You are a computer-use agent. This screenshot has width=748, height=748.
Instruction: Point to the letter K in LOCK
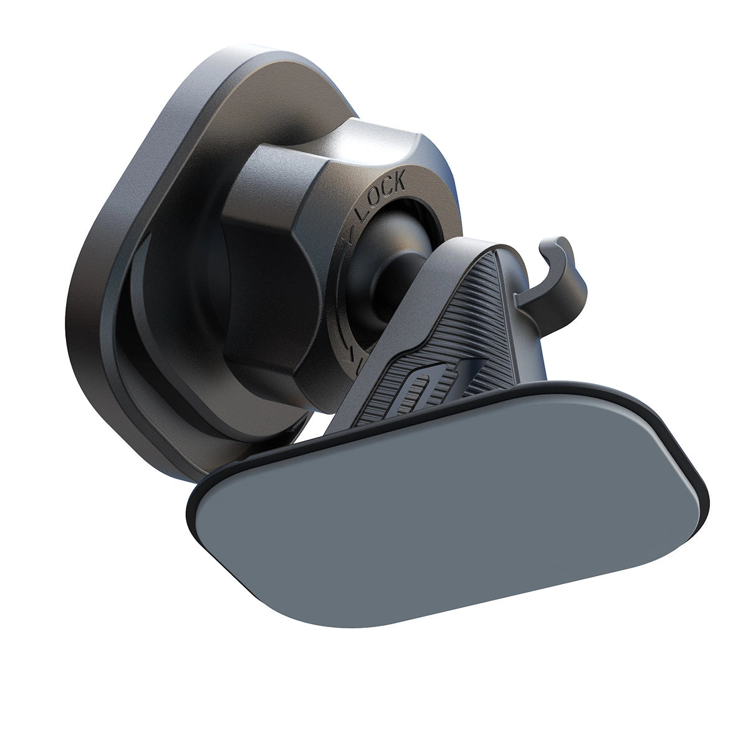(398, 183)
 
